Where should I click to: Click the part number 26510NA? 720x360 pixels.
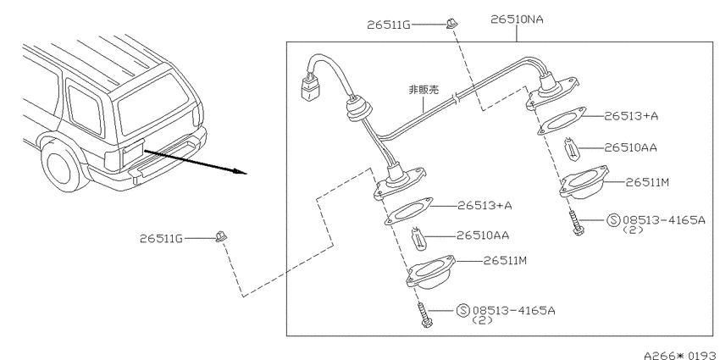point(517,19)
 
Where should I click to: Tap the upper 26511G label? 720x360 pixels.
point(389,25)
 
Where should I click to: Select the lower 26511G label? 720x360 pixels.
point(161,239)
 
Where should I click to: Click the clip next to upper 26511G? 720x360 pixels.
point(451,23)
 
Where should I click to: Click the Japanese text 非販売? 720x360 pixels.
point(424,89)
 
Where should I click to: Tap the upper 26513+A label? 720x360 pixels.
point(631,116)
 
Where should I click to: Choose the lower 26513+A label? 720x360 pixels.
point(485,205)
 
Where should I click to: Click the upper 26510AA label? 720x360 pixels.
point(630,147)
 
